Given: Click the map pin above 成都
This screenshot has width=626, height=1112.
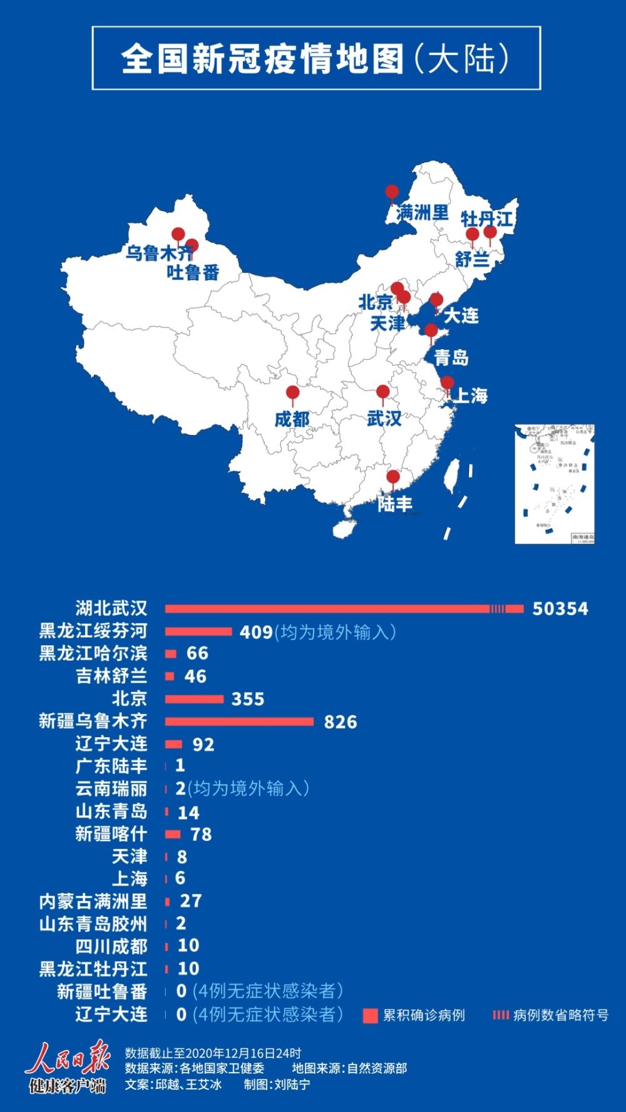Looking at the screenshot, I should coord(292,394).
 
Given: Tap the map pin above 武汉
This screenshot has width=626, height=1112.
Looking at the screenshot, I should coord(382,393).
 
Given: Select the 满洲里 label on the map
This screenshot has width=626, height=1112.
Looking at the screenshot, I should coord(423,213).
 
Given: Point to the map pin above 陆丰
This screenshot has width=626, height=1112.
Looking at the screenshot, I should coord(393,478).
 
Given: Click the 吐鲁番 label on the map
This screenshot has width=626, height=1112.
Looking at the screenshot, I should coord(193,272).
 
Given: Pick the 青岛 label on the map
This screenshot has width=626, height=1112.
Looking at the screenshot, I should coord(451,357).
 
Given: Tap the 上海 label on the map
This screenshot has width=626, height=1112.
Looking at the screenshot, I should coord(469,395).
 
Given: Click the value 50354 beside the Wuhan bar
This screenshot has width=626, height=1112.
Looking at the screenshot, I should coord(560,609).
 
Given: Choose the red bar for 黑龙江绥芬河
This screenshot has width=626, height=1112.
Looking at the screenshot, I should coord(198,631).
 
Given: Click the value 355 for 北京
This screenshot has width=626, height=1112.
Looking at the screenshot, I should coord(248,699).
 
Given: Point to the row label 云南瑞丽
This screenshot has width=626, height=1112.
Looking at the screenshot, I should coord(111,788).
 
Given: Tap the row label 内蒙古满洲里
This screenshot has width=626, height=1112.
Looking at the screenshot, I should coord(93,901).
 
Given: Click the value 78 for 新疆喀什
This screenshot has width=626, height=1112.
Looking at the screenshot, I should coord(201,834).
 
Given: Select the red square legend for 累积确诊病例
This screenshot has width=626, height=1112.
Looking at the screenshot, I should coord(370,1016).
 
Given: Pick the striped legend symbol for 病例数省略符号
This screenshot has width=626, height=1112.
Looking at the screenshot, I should coord(500,1015).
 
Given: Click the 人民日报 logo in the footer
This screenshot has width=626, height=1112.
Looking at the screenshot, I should coord(68,1067).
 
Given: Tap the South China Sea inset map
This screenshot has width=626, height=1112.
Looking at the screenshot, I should coord(554,484).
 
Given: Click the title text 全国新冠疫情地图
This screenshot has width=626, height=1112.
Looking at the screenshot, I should coord(263,59).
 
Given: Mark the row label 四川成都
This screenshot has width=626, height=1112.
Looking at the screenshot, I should coord(111,946).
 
